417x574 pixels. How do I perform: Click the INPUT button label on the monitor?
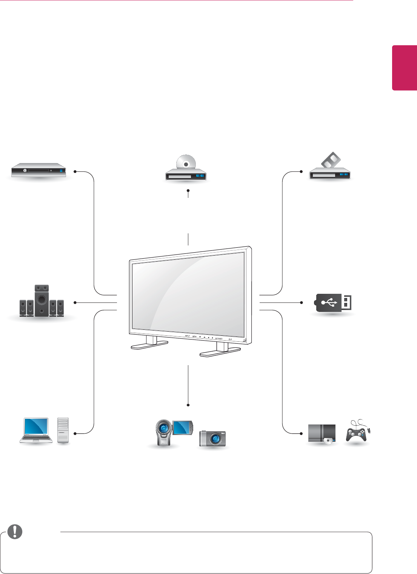tap(188, 336)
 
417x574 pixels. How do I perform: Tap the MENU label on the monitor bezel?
tap(194, 336)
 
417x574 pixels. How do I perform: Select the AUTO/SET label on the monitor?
tap(219, 338)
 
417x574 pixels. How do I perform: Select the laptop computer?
tap(36, 430)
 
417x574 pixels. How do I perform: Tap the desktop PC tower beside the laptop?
tap(63, 430)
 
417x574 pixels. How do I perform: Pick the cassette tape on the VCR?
tap(330, 160)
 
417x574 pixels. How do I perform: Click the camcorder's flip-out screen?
tap(183, 427)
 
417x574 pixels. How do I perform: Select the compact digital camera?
tap(212, 438)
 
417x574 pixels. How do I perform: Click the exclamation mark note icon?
tap(15, 531)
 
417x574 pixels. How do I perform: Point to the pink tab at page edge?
tap(404, 68)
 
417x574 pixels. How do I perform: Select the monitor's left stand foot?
tap(149, 345)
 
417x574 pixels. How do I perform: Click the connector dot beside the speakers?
tap(75, 302)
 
